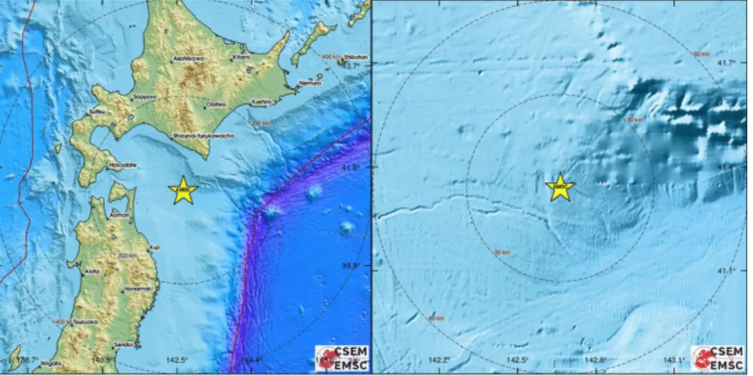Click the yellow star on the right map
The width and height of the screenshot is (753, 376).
pyautogui.click(x=559, y=187)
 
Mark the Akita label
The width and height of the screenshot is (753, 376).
pyautogui.click(x=93, y=271)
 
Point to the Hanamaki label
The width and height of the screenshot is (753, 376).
pyautogui.click(x=135, y=288)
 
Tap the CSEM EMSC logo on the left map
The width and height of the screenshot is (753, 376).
pyautogui.click(x=342, y=357)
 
